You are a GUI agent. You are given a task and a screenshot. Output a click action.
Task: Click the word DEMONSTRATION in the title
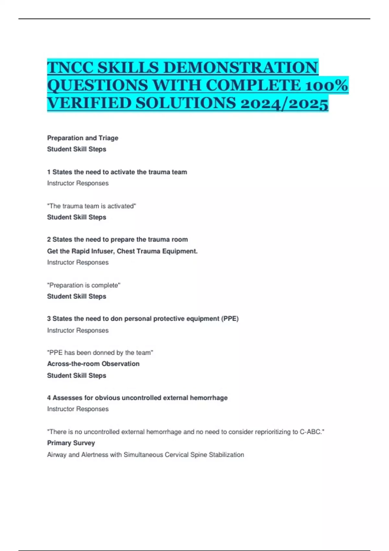[x=241, y=67]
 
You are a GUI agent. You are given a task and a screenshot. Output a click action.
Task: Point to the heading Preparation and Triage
[x=83, y=138]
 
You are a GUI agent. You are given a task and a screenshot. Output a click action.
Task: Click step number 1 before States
[x=49, y=172]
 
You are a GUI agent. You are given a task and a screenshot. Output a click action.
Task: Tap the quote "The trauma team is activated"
[x=92, y=206]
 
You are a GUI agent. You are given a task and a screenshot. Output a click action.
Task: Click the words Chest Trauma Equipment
[x=157, y=251]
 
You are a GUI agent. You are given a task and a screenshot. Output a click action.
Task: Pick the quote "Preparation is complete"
[x=84, y=285]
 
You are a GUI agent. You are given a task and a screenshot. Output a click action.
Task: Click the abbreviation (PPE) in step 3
[x=230, y=319]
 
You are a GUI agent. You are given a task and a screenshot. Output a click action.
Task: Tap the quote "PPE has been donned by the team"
[x=100, y=353]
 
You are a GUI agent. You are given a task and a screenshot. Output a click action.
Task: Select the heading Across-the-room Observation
[x=93, y=364]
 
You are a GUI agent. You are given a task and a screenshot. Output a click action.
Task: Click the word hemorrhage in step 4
[x=209, y=398]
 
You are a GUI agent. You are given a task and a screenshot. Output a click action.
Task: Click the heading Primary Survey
[x=71, y=443]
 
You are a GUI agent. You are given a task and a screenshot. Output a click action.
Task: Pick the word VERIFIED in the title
[x=89, y=103]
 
